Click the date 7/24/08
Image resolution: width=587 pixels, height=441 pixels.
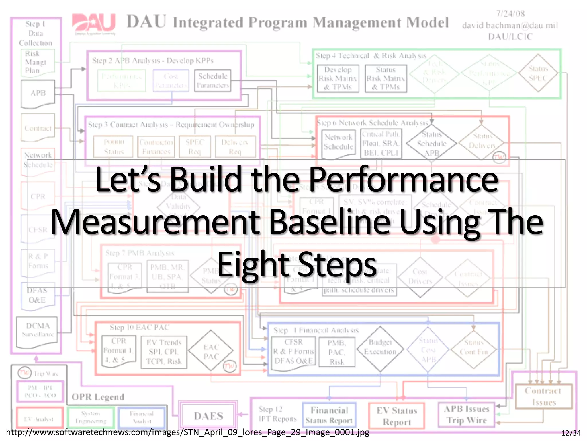point(510,14)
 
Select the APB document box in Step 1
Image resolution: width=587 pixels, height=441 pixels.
point(38,94)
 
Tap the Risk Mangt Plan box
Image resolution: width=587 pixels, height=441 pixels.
point(37,62)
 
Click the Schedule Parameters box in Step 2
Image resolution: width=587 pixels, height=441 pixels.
point(213,81)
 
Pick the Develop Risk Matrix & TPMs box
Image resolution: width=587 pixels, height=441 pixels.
point(338,78)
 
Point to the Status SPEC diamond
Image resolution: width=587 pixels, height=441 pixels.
point(538,73)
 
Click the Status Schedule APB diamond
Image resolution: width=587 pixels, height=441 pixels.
point(431,143)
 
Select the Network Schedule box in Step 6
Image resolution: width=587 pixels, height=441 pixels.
point(338,143)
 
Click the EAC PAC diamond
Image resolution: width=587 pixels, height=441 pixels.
point(211,352)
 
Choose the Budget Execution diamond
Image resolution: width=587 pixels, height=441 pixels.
point(380,348)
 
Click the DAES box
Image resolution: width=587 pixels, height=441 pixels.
point(208,416)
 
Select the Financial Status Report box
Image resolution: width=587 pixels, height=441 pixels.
point(329,415)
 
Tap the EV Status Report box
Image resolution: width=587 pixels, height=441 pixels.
point(397,416)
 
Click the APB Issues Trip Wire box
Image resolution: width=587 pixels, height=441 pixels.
point(467,415)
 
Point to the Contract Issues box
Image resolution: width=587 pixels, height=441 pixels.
point(543,396)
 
